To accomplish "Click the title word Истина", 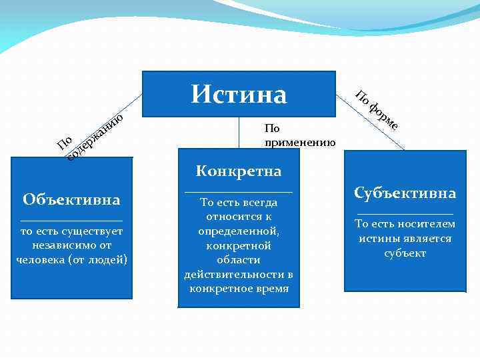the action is click(x=239, y=94).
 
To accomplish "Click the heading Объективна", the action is click(x=71, y=199).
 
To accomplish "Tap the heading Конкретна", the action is click(x=239, y=171).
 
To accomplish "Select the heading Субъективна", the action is click(x=405, y=193).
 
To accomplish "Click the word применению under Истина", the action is click(x=300, y=142).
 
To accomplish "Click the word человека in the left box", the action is click(x=40, y=259).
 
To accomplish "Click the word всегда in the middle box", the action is click(x=261, y=203).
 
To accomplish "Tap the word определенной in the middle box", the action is click(x=238, y=231).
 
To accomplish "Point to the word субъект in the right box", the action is click(x=405, y=253).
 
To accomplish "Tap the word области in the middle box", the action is click(x=239, y=260).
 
